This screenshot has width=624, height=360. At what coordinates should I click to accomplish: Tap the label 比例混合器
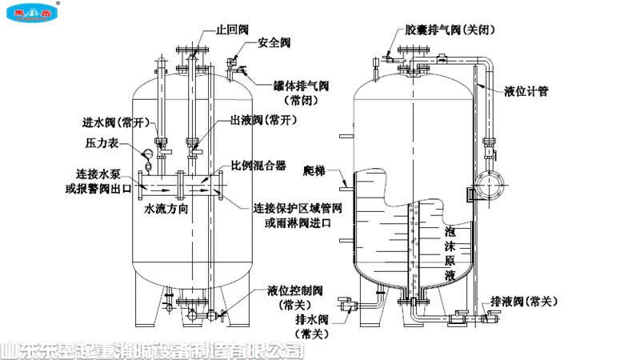(x=258, y=166)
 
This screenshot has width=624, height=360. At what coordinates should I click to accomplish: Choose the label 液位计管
(x=526, y=92)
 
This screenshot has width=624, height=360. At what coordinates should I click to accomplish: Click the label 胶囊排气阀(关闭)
(x=445, y=29)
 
